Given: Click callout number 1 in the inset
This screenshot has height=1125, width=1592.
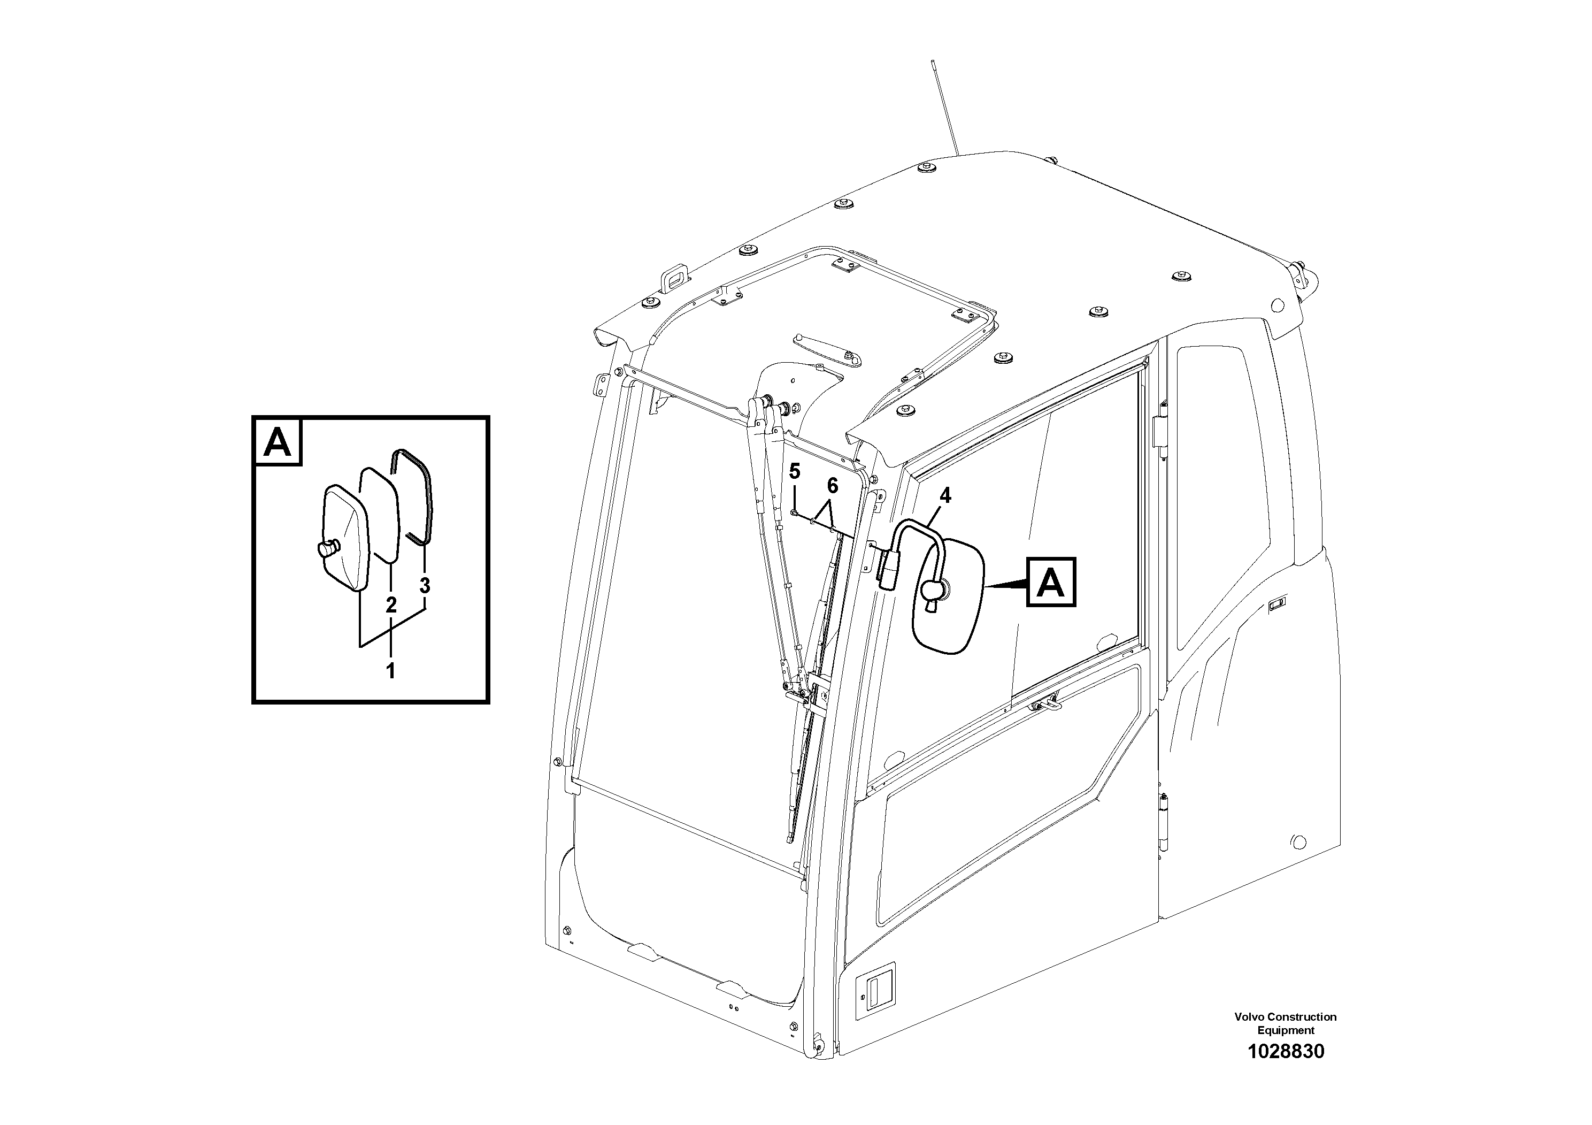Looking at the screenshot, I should pos(390,671).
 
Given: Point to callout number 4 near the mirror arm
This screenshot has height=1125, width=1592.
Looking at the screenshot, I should pos(945,495).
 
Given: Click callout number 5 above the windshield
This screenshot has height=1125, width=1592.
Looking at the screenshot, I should pos(795,472).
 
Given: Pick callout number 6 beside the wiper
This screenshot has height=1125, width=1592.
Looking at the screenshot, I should pos(832,486).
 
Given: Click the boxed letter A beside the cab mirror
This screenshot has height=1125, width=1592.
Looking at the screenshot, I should pos(1051,583).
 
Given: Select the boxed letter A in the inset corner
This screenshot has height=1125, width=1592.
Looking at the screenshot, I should pos(279,442).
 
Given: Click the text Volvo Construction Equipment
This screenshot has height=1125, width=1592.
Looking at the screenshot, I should pos(1285,1023).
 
